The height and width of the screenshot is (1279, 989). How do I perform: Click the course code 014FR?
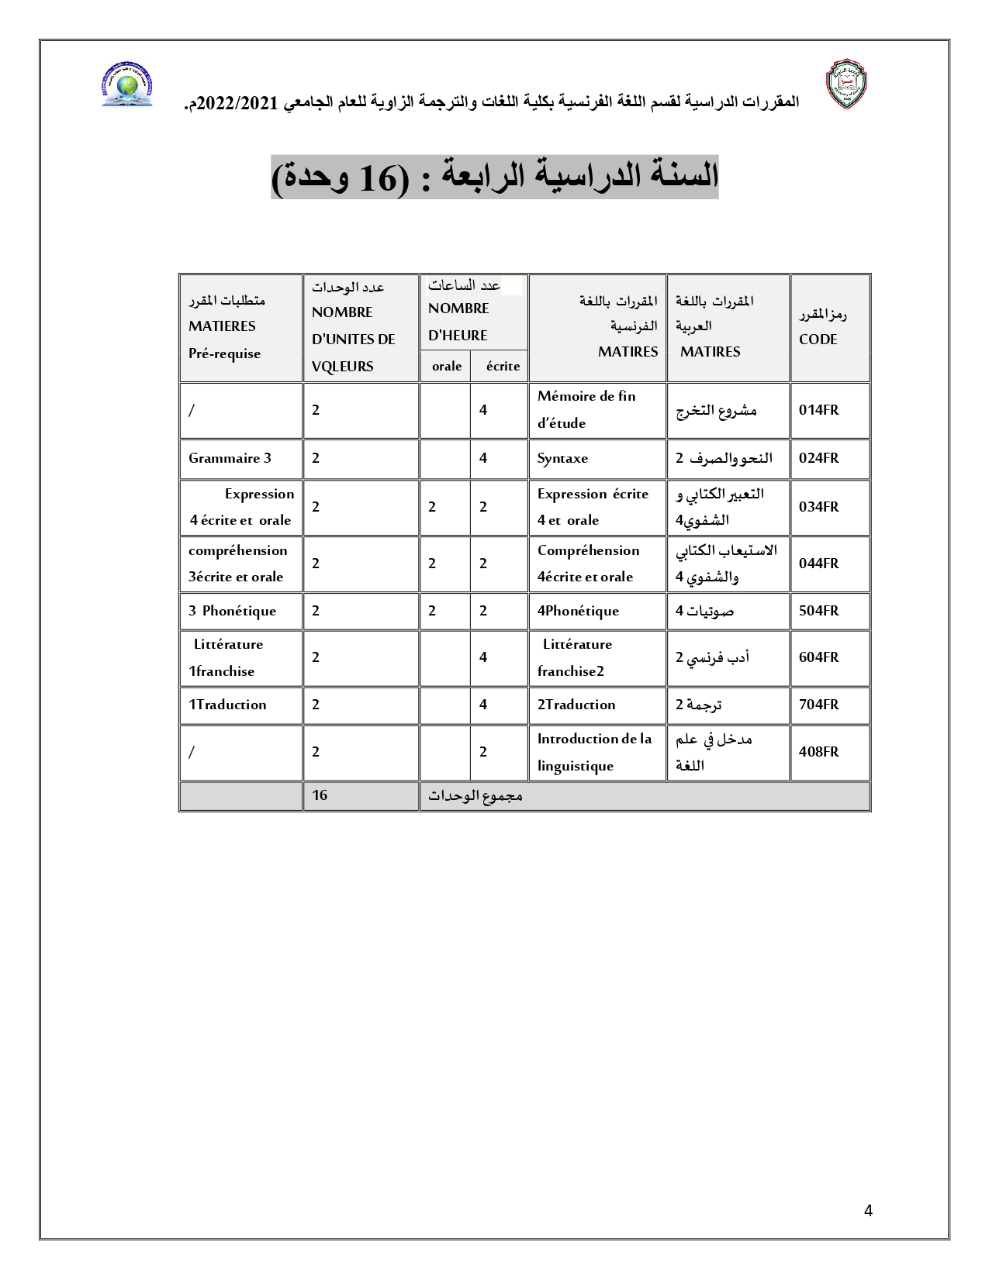pyautogui.click(x=819, y=410)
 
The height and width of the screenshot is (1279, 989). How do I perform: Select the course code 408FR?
pyautogui.click(x=819, y=752)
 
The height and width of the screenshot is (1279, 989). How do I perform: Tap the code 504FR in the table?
pyautogui.click(x=819, y=611)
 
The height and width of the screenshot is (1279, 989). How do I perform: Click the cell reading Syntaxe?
pyautogui.click(x=563, y=458)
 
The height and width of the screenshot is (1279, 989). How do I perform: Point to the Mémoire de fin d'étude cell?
pyautogui.click(x=586, y=409)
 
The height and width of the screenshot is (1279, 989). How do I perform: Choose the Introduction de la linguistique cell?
pyautogui.click(x=594, y=752)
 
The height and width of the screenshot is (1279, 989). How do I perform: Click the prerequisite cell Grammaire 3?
pyautogui.click(x=230, y=458)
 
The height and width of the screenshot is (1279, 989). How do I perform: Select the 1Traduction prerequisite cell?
pyautogui.click(x=227, y=705)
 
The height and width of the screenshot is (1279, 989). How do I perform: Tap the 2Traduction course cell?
pyautogui.click(x=576, y=705)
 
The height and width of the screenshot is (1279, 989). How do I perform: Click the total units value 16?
pyautogui.click(x=320, y=795)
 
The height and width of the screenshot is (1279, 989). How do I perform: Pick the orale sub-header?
pyautogui.click(x=447, y=366)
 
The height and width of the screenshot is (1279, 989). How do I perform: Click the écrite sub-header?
pyautogui.click(x=503, y=366)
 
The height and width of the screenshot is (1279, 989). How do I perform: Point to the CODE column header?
pyautogui.click(x=818, y=340)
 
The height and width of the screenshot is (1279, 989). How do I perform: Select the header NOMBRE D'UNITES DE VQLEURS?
pyautogui.click(x=354, y=340)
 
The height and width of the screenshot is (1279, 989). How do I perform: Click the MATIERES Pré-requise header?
pyautogui.click(x=225, y=340)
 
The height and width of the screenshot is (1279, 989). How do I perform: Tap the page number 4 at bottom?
pyautogui.click(x=868, y=1211)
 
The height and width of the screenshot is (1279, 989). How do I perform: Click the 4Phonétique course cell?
pyautogui.click(x=579, y=611)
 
